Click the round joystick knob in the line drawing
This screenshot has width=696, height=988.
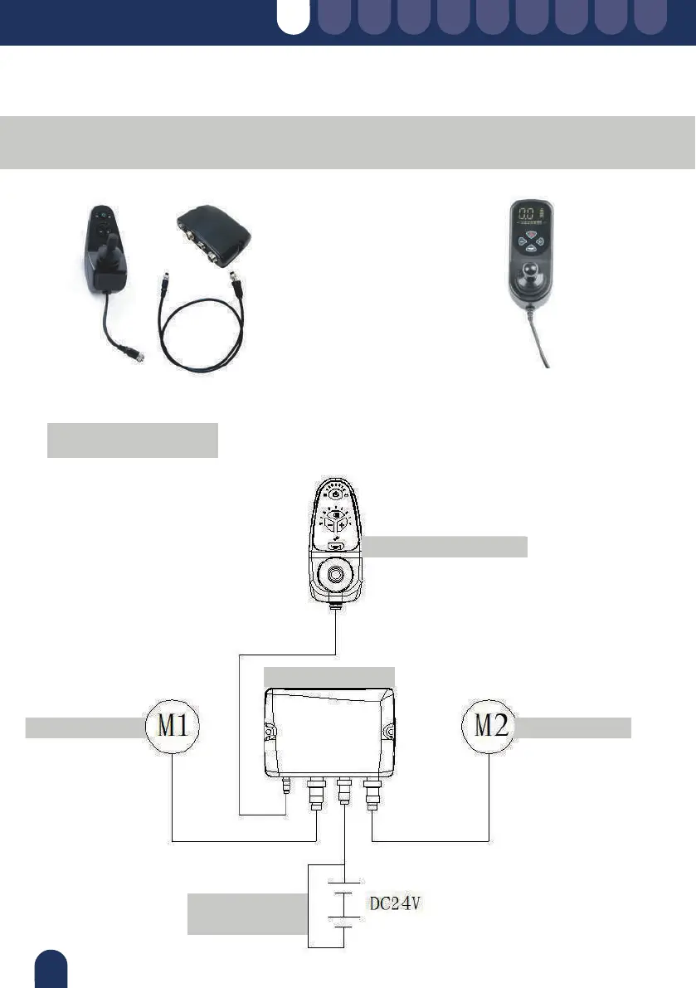coord(336,574)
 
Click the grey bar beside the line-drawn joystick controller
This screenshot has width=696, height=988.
coord(445,547)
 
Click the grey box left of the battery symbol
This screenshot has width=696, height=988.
coord(246,913)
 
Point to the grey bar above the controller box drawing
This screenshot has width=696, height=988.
coord(329,675)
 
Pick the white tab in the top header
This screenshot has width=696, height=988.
coord(293,17)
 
